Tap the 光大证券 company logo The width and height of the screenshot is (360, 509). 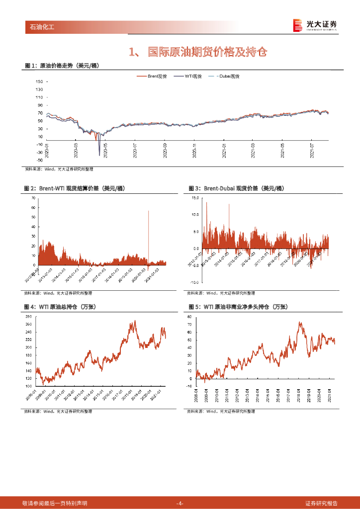click(x=315, y=25)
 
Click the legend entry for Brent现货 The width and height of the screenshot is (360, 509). click(x=157, y=76)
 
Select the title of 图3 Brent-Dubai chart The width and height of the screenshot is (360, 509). click(x=236, y=188)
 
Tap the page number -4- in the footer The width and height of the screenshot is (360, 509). click(x=180, y=504)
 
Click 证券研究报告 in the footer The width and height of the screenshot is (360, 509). click(x=321, y=504)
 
